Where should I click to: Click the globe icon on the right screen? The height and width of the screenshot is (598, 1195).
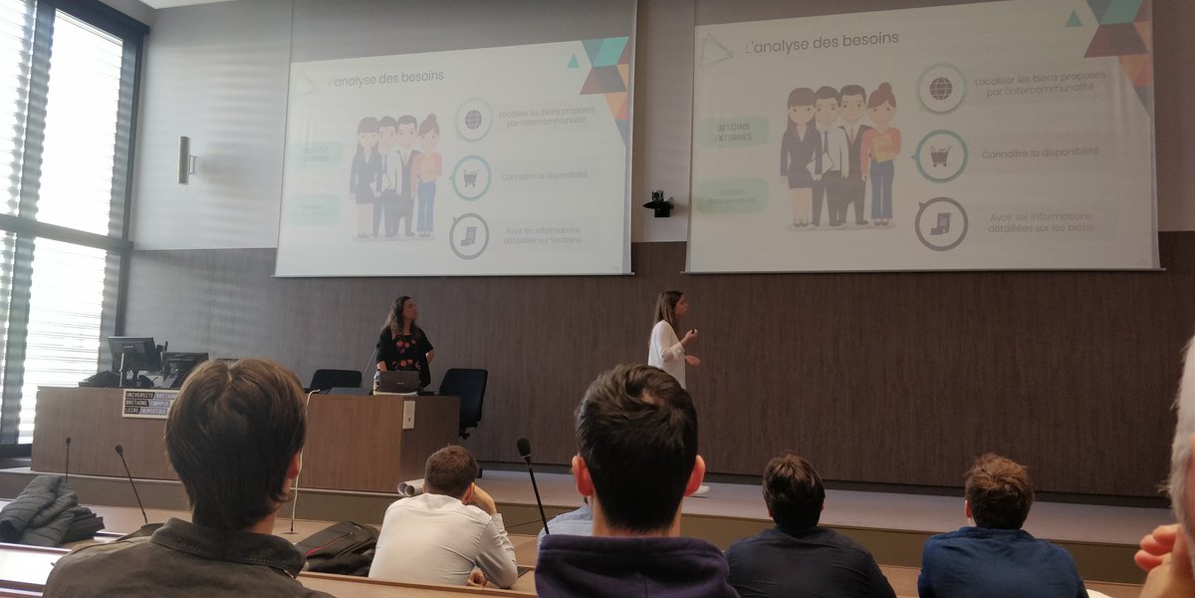click(940, 88)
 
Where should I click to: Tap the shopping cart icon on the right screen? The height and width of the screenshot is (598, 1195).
click(940, 156)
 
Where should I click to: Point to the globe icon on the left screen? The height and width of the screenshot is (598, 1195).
click(473, 120)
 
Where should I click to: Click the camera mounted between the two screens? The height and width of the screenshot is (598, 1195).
click(658, 203)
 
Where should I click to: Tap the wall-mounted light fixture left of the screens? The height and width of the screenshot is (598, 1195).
click(184, 159)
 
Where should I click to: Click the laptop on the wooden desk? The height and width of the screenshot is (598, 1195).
click(398, 381)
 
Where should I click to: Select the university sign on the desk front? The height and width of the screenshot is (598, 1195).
click(149, 403)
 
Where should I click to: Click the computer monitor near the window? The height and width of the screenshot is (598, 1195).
click(133, 356)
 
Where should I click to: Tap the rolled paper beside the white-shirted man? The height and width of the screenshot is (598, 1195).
click(410, 487)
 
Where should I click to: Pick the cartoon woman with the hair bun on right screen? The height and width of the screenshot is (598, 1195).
click(881, 149)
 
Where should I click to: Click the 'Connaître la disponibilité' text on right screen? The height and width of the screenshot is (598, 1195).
click(1040, 153)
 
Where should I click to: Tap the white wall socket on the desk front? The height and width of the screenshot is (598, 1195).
click(408, 414)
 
